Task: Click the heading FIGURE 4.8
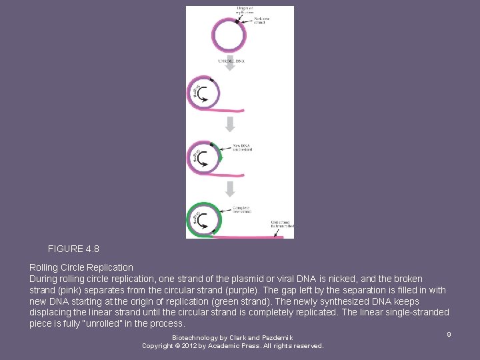73,249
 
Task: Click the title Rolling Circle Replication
81,267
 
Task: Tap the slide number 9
449,334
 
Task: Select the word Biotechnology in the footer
194,338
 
